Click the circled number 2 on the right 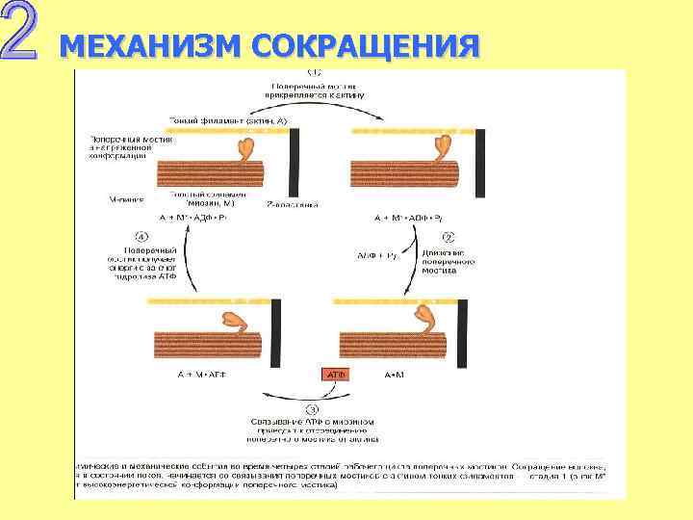click(447, 235)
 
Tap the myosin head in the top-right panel click(446, 146)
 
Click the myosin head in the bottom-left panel click(236, 322)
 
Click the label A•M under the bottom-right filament click(396, 374)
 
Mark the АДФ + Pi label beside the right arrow click(375, 255)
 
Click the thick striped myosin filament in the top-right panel click(404, 173)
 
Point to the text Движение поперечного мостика click(444, 261)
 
